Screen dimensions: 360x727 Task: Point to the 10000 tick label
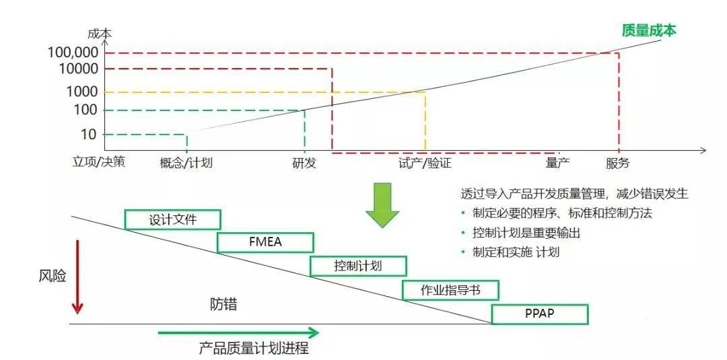tap(79, 69)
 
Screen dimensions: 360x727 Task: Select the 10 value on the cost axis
tap(89, 134)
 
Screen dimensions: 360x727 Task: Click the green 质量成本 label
tap(648, 30)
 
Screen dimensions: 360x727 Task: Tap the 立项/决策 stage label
tap(99, 162)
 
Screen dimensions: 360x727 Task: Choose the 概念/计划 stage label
tap(186, 162)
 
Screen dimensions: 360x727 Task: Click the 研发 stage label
tap(304, 162)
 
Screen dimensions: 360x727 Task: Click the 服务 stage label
tap(618, 162)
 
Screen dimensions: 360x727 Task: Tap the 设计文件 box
tap(173, 219)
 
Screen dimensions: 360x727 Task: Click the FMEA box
tap(265, 242)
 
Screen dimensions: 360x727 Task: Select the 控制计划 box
tap(358, 266)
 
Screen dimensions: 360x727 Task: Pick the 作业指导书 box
tap(450, 290)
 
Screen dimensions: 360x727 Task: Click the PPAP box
tap(540, 314)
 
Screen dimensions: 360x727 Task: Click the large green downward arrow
tap(382, 205)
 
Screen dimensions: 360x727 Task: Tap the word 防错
tap(223, 304)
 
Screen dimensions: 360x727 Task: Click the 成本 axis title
tap(100, 33)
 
